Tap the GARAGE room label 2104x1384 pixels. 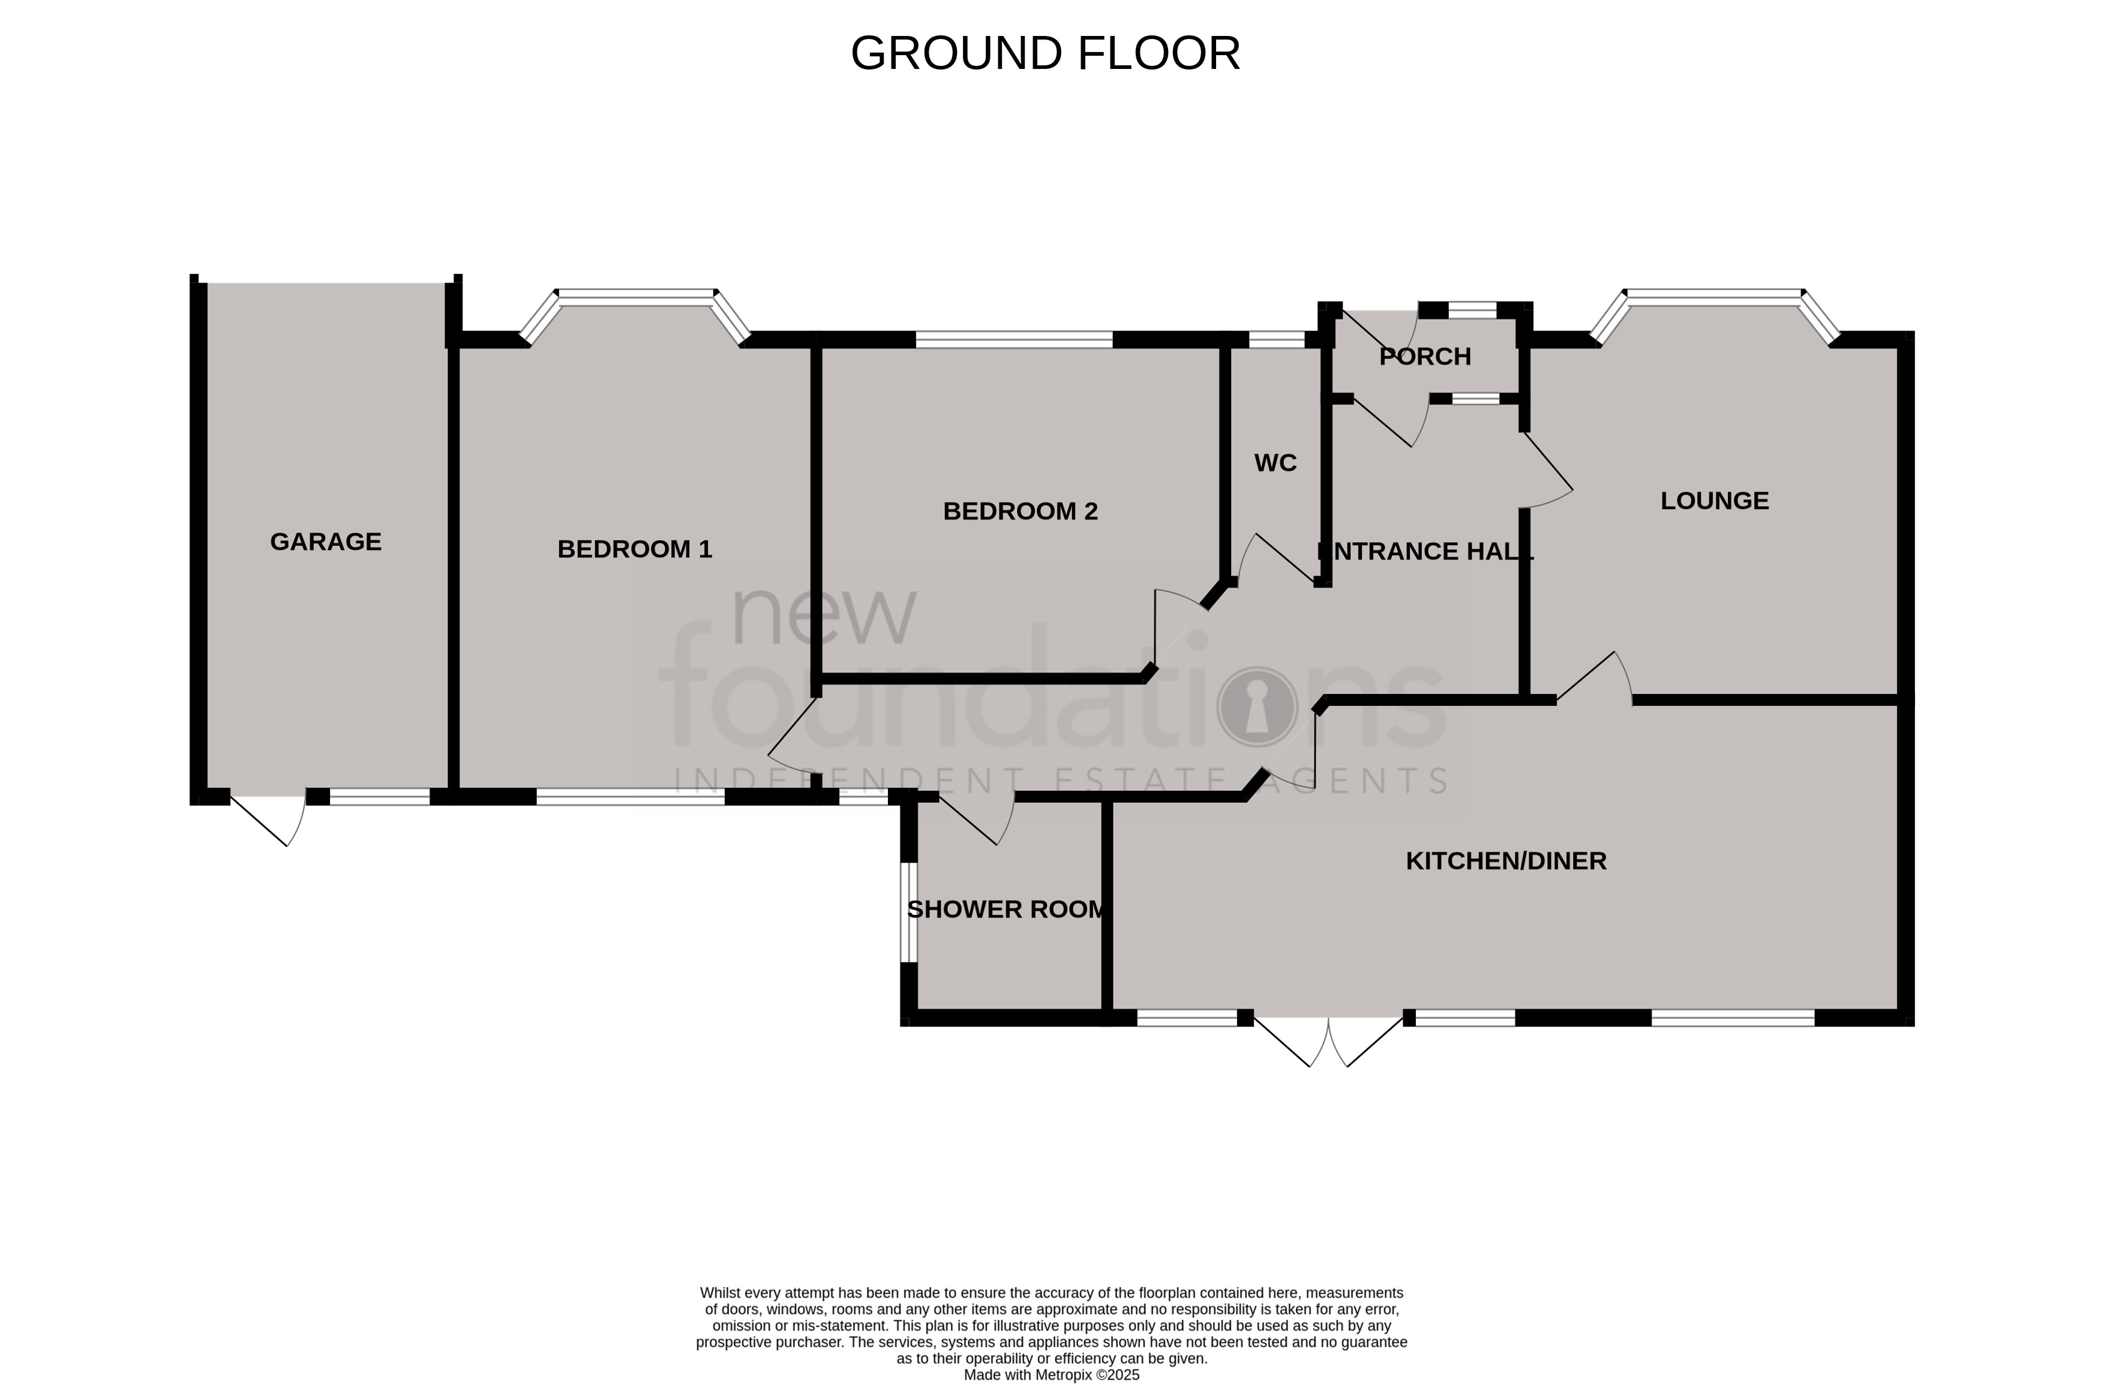[325, 541]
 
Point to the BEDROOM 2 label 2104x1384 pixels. [1019, 512]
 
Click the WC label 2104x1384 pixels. [1275, 463]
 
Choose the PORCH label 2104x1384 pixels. [1424, 357]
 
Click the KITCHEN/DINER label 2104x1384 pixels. [1505, 861]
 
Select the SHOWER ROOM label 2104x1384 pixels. [1007, 910]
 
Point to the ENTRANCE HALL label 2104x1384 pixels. [1424, 552]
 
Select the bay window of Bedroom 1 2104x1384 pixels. [635, 297]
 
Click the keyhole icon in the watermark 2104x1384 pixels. [1256, 706]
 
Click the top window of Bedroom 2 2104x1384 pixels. [1013, 338]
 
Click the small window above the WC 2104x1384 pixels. [1275, 338]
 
